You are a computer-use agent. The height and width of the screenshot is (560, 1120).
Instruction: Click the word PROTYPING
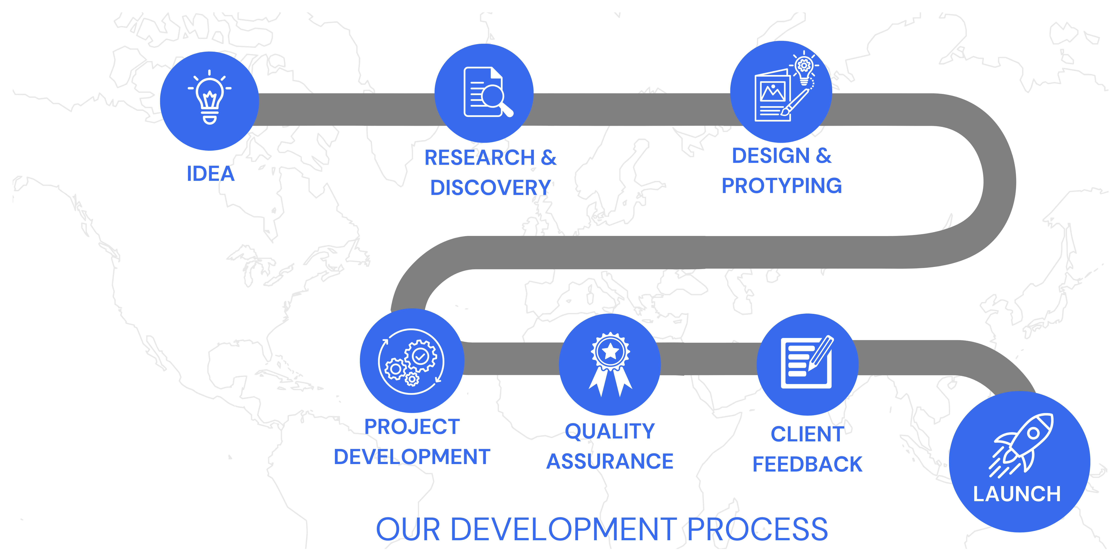(782, 186)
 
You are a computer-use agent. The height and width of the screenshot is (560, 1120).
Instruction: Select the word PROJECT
(412, 426)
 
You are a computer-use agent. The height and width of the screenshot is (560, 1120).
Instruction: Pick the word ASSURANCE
(610, 461)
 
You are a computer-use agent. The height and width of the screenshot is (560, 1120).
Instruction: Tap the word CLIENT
(807, 434)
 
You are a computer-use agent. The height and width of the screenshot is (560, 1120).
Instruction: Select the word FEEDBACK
(807, 464)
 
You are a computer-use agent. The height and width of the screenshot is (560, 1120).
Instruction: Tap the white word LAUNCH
(1016, 494)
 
